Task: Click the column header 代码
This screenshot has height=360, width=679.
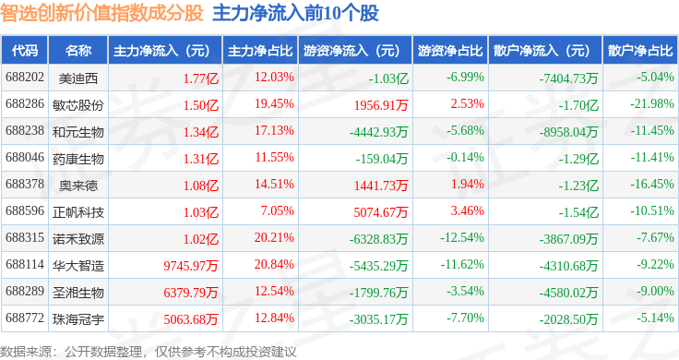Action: click(25, 51)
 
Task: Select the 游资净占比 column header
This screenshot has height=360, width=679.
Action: click(450, 51)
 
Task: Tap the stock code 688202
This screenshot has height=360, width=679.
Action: click(25, 78)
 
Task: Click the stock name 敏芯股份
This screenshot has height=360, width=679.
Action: click(77, 105)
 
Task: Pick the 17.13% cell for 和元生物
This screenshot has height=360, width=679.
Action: click(274, 130)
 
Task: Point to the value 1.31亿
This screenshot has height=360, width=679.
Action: click(201, 159)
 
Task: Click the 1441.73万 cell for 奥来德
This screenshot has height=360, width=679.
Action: click(381, 186)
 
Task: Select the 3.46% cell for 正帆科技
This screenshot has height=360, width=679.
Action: click(467, 211)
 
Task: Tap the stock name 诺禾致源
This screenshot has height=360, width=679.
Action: click(77, 239)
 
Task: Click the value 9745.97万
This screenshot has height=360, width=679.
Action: click(191, 266)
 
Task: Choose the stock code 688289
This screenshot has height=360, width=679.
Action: click(25, 291)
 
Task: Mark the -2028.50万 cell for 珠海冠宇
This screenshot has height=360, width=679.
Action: click(568, 319)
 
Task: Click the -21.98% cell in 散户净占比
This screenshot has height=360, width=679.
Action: click(651, 104)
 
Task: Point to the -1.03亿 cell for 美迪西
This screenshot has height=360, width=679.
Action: click(388, 78)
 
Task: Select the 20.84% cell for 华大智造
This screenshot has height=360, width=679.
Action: click(274, 264)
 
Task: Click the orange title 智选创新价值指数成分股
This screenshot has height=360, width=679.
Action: click(101, 13)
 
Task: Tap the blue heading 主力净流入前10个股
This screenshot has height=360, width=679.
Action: click(296, 13)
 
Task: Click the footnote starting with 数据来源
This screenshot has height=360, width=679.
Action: click(149, 352)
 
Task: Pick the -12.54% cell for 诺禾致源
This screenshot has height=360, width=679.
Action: click(462, 238)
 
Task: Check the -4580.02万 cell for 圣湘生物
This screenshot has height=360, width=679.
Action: click(568, 293)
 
